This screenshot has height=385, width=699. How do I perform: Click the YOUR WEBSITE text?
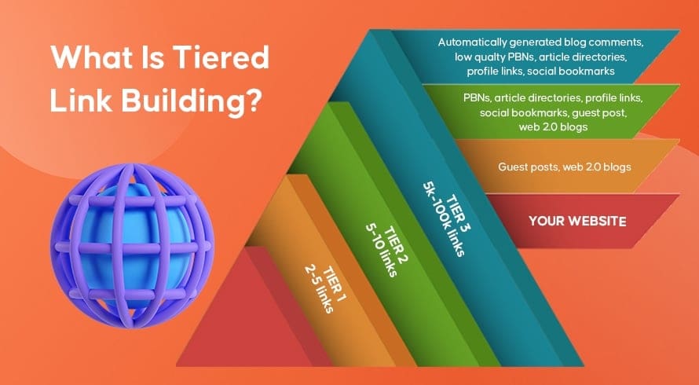point(577,222)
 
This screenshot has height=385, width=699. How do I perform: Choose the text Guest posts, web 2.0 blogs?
point(564,167)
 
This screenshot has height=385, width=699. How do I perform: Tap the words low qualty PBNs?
point(491,57)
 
